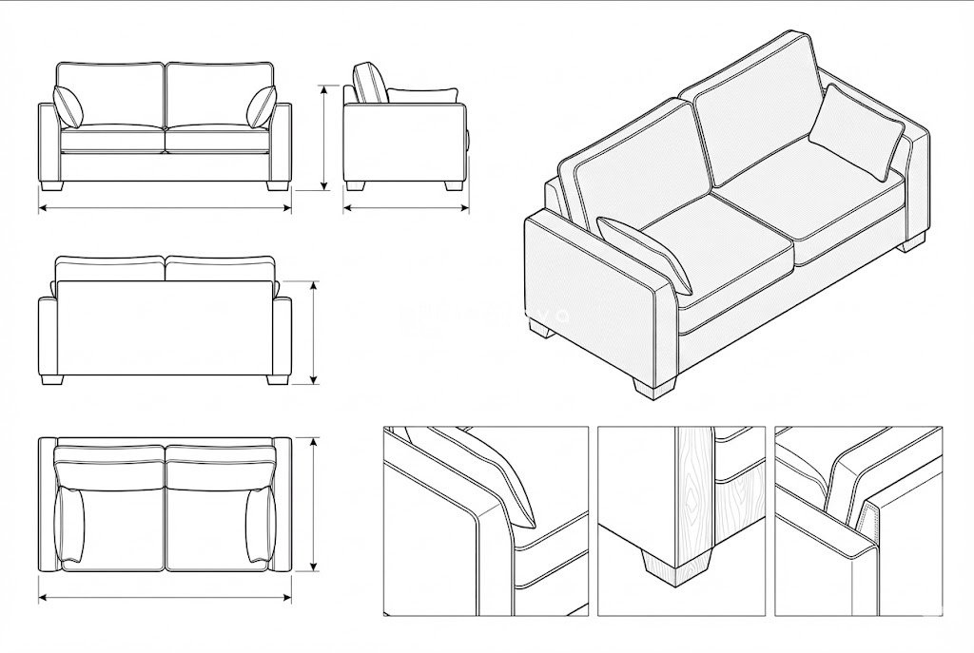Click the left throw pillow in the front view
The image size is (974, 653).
tap(68, 106)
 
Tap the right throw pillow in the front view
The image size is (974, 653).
tap(262, 106)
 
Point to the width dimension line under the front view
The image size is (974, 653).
tap(165, 207)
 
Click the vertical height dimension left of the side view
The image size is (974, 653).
tap(324, 138)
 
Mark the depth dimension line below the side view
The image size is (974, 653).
tap(406, 207)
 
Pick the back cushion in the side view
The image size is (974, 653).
tap(370, 83)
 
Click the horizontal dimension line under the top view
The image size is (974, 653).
tap(165, 598)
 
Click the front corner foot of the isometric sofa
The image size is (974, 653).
tap(653, 387)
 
